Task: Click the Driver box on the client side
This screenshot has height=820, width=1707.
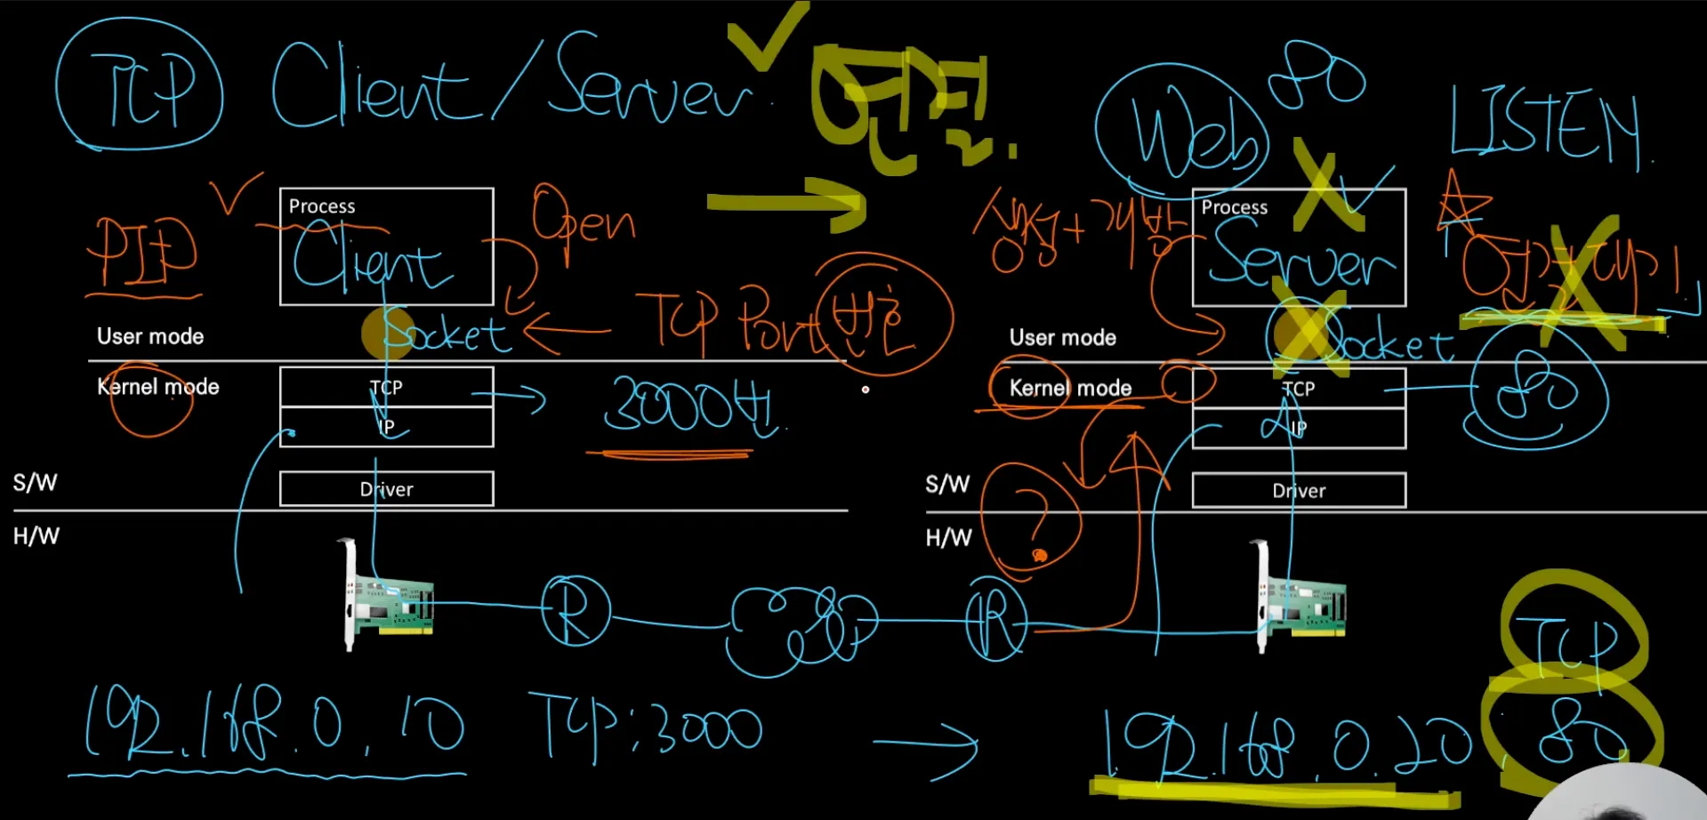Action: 386,489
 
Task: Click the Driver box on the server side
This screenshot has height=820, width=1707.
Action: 1299,491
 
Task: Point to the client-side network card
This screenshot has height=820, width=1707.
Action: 389,599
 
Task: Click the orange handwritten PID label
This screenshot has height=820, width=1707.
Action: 142,253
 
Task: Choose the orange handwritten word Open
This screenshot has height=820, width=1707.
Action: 583,219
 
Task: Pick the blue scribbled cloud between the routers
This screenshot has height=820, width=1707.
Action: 800,626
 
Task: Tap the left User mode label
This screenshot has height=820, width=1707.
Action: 150,336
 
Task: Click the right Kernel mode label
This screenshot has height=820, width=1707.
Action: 1070,388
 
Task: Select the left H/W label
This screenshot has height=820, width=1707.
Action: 36,536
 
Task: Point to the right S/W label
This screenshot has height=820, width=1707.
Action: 947,485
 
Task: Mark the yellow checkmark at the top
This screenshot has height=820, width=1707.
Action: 766,36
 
